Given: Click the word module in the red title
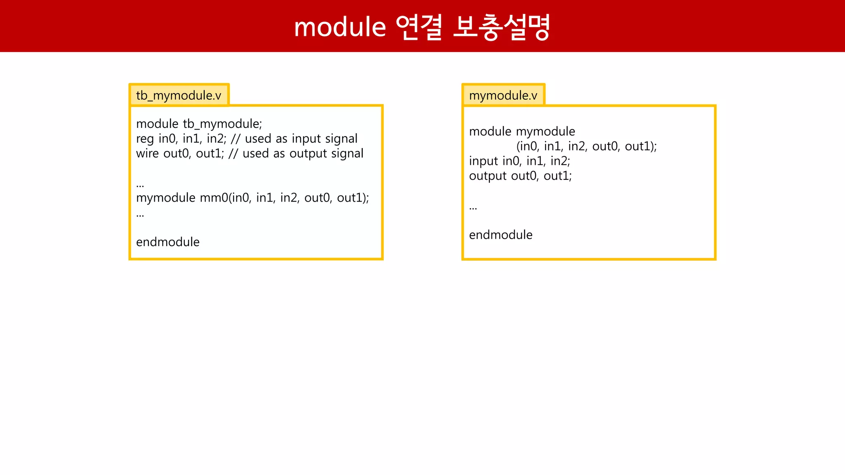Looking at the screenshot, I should pyautogui.click(x=340, y=27).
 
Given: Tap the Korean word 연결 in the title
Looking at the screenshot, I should pyautogui.click(x=419, y=27).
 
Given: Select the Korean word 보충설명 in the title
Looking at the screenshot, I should pyautogui.click(x=501, y=27).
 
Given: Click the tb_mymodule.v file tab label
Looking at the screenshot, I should pyautogui.click(x=179, y=96).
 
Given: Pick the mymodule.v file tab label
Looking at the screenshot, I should pyautogui.click(x=503, y=96).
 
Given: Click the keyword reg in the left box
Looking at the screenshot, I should pyautogui.click(x=144, y=139).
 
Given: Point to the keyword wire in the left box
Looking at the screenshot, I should pyautogui.click(x=147, y=153).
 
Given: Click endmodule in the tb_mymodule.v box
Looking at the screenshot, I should pyautogui.click(x=168, y=242).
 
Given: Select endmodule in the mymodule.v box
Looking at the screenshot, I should pyautogui.click(x=500, y=235).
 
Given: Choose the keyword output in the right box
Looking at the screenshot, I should pyautogui.click(x=487, y=176).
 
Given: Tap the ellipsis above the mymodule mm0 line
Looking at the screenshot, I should pyautogui.click(x=140, y=185).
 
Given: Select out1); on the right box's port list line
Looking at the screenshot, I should pyautogui.click(x=641, y=146).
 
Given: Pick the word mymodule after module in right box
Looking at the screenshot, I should pyautogui.click(x=545, y=132).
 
